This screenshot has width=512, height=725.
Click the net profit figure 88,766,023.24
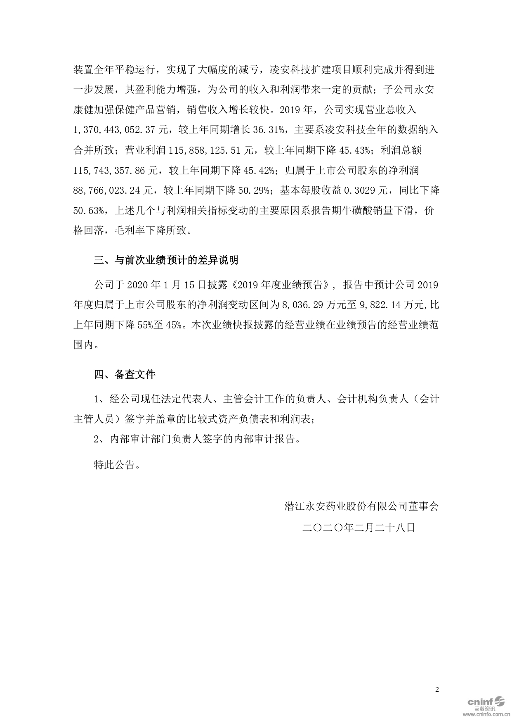coord(107,190)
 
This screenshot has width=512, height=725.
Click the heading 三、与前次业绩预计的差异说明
coord(166,261)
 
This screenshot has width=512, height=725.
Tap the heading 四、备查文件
coord(125,375)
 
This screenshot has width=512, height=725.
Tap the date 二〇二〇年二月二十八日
coord(358,528)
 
